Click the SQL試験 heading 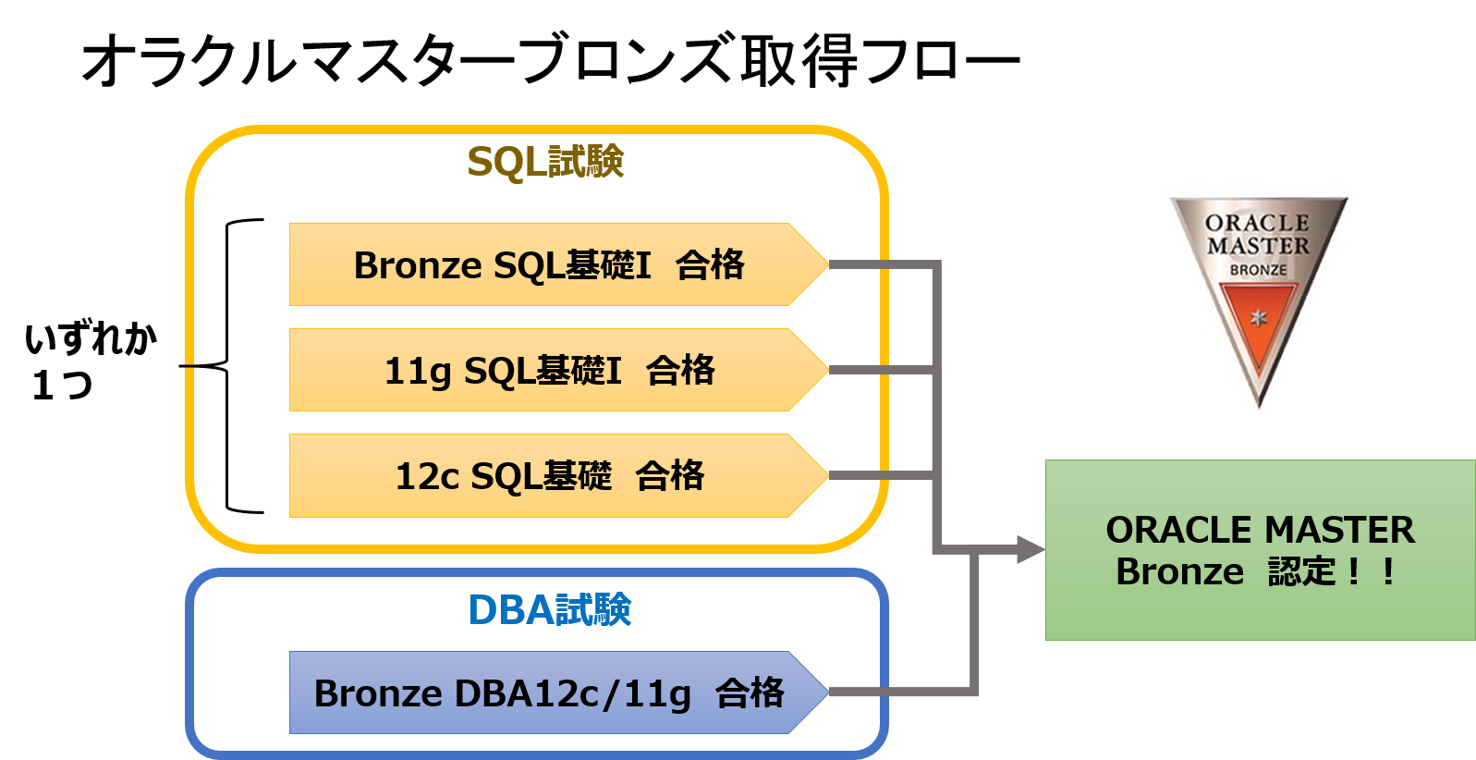pos(545,162)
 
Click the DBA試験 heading pos(549,610)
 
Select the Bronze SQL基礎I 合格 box pos(549,264)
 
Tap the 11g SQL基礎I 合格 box pos(549,370)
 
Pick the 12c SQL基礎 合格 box pos(549,475)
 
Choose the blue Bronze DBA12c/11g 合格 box pos(549,693)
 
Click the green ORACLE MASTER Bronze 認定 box pos(1260,550)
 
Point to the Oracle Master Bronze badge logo pos(1260,296)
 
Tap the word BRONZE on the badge pos(1258,270)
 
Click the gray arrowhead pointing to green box pos(1031,550)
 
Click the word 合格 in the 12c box pos(670,476)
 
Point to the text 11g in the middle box pos(418,371)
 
